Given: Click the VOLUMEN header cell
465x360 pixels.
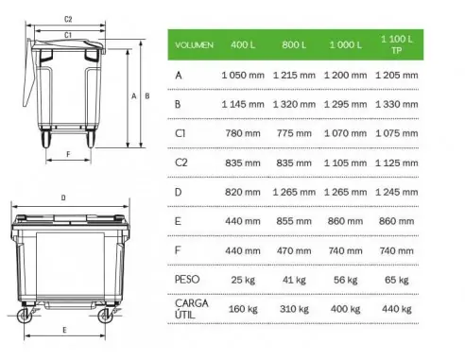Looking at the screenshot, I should [x=195, y=44].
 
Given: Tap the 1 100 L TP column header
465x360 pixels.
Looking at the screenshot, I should [x=393, y=43].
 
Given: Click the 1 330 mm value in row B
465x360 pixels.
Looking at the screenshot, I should [x=393, y=103].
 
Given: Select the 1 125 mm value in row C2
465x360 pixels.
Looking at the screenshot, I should [x=393, y=163].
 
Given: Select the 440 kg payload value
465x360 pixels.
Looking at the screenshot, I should [x=393, y=309].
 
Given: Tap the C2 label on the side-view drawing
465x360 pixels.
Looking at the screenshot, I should [x=68, y=18].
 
